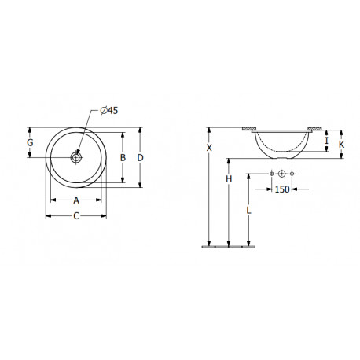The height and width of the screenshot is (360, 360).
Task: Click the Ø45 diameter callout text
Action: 109,111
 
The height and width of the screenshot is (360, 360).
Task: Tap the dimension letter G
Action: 30,143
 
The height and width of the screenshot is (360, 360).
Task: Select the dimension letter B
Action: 123,158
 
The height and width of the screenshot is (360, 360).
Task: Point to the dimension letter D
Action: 141,158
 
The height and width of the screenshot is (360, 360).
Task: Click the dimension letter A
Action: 76,200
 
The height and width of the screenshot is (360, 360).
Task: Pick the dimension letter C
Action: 76,216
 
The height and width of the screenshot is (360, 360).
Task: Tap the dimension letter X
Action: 209,148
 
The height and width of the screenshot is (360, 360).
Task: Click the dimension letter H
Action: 229,179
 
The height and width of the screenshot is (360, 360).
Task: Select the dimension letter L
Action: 248,210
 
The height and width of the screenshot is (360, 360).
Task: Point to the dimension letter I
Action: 326,141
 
